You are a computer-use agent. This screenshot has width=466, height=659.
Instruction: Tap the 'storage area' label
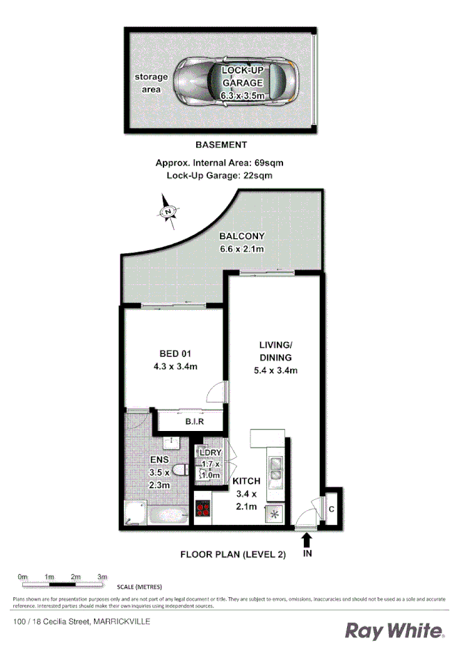click(151, 83)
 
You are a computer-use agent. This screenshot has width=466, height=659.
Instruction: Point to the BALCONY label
click(241, 236)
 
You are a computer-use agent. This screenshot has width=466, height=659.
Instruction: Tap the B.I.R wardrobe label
click(193, 422)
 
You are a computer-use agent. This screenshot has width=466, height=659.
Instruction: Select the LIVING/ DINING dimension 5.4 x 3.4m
click(276, 371)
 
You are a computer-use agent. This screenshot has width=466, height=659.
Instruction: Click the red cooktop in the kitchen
click(203, 509)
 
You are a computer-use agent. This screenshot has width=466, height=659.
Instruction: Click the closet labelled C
click(332, 508)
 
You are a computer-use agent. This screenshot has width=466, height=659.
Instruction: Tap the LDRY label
click(210, 453)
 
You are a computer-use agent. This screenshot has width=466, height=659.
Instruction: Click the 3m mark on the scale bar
click(102, 577)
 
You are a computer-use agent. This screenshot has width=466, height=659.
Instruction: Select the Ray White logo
click(395, 630)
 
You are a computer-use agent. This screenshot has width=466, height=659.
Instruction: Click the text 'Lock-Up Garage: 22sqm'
click(219, 175)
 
